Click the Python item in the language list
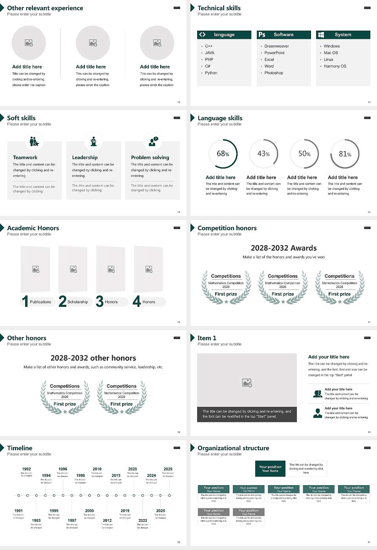click(x=211, y=73)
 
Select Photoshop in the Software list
click(x=273, y=73)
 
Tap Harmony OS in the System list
click(x=335, y=66)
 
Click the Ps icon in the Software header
click(x=262, y=35)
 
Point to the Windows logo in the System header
click(x=321, y=35)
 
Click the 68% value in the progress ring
click(x=223, y=154)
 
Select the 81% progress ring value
click(x=345, y=154)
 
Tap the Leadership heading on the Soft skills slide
click(x=85, y=158)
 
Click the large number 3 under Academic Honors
click(x=100, y=301)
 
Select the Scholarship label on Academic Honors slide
click(x=77, y=302)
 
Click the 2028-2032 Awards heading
click(x=284, y=248)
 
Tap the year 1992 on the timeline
click(x=26, y=469)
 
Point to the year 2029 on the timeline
click(x=168, y=469)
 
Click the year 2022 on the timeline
click(x=143, y=521)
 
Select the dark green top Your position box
click(x=270, y=469)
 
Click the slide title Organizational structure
click(x=233, y=448)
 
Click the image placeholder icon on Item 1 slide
click(x=247, y=383)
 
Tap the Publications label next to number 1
click(x=40, y=302)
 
